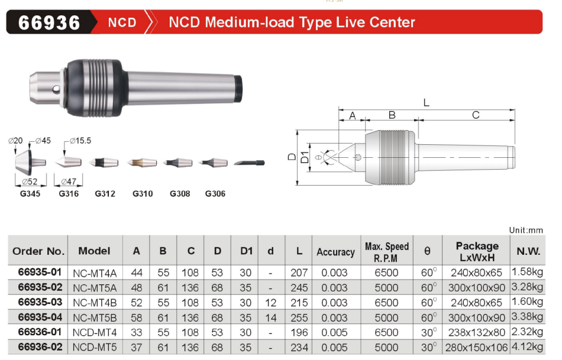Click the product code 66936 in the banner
pos(49,22)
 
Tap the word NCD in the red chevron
pos(122,22)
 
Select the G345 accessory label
pos(30,194)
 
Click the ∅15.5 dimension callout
pos(80,141)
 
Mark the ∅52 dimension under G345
pos(30,181)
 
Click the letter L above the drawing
pos(426,103)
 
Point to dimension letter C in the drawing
pos(476,115)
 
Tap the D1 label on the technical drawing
pos(305,157)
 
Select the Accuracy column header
pos(335,252)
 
